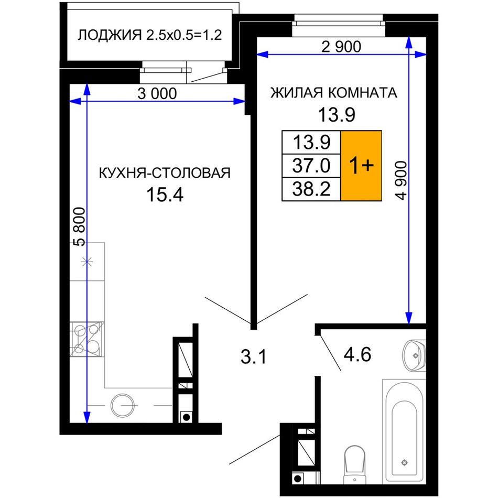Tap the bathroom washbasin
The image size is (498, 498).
click(x=414, y=355)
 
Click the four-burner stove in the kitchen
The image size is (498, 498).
click(x=86, y=339)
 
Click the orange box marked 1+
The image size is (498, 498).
click(x=361, y=166)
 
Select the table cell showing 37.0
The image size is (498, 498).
click(x=311, y=166)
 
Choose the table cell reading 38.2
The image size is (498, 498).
click(x=311, y=189)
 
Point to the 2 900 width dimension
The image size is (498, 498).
click(x=341, y=47)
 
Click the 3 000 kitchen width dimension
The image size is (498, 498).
click(x=157, y=94)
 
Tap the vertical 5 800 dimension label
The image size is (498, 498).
click(x=79, y=227)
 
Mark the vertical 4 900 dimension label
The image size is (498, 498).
click(x=401, y=180)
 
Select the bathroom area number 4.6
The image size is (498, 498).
click(x=358, y=354)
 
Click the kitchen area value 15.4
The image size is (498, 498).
click(x=165, y=194)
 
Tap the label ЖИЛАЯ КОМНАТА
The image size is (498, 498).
click(x=333, y=93)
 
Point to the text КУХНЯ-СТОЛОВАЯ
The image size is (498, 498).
click(x=165, y=173)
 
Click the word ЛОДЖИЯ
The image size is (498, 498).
click(x=110, y=35)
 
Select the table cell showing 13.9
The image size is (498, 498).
click(x=311, y=142)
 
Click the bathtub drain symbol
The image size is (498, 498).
click(x=404, y=462)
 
